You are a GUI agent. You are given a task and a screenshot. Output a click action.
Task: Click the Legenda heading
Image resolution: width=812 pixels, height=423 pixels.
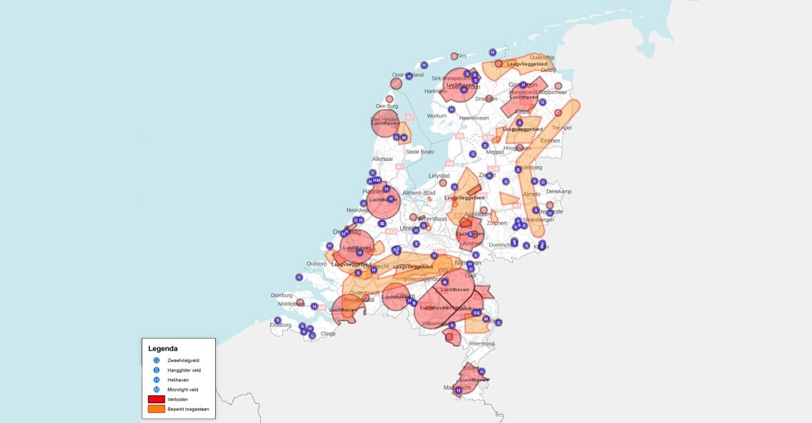[x=163, y=349]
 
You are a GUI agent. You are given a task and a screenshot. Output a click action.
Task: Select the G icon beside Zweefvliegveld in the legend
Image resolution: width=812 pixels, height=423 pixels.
[x=157, y=360]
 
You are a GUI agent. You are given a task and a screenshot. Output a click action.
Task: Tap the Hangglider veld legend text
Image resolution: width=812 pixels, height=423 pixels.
[x=184, y=370]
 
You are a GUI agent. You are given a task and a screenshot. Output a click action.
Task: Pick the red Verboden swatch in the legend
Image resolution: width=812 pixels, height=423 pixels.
[x=156, y=399]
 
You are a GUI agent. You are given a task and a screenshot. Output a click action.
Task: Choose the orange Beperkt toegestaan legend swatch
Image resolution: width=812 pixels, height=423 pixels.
[x=156, y=409]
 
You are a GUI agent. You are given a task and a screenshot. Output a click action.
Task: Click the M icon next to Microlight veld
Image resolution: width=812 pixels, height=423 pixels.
[x=157, y=390]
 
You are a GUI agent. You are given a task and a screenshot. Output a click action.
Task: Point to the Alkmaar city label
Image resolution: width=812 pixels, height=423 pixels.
[x=382, y=159]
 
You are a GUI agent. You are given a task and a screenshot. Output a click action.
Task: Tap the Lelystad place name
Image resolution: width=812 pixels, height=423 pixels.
[x=439, y=175]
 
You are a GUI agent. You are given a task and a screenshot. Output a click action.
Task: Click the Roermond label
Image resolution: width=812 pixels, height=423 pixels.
[x=482, y=343]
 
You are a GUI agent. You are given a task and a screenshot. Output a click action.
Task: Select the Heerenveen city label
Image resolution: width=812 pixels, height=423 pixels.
[x=474, y=117]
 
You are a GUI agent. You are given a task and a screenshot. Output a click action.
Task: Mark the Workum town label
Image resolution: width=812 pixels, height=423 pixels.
[x=437, y=115]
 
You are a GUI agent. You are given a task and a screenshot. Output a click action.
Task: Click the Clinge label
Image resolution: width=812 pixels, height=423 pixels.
[x=328, y=333]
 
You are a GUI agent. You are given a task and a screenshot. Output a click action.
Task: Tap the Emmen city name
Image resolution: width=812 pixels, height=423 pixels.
[x=551, y=140]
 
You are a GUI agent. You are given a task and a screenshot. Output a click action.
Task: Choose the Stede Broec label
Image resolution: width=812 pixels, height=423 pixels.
[x=420, y=152]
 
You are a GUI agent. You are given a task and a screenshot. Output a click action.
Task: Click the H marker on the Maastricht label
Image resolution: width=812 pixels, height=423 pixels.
[x=458, y=390]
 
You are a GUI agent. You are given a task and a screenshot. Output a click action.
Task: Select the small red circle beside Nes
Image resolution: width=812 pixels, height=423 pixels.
[x=454, y=56]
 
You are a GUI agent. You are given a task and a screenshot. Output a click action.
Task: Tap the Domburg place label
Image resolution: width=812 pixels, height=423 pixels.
[x=282, y=295]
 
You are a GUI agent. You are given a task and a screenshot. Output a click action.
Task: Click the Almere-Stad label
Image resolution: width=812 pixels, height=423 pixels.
[x=419, y=193]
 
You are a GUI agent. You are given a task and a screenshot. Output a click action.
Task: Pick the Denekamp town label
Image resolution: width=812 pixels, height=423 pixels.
[x=559, y=192]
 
